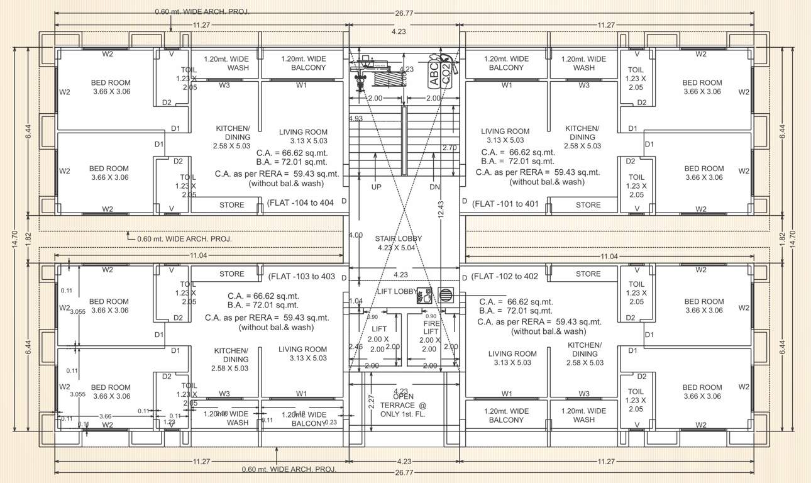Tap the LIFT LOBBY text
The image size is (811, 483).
[396, 292]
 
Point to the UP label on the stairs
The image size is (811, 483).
[376, 187]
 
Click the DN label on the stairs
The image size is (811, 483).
[434, 187]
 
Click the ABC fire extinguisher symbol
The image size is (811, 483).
[434, 74]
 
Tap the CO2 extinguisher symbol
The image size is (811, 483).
[446, 74]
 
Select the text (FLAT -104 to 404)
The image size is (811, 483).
[301, 203]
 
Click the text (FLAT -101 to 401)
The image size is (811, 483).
[505, 203]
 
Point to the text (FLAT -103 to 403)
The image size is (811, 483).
[302, 276]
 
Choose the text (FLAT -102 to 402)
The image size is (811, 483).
[505, 276]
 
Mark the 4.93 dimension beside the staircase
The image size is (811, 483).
[356, 118]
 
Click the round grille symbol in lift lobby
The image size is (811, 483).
[445, 296]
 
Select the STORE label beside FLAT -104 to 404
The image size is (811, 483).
[231, 205]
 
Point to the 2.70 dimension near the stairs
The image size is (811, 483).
[450, 148]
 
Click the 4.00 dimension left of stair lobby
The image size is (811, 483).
[355, 235]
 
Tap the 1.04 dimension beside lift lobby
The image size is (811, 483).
[355, 301]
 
